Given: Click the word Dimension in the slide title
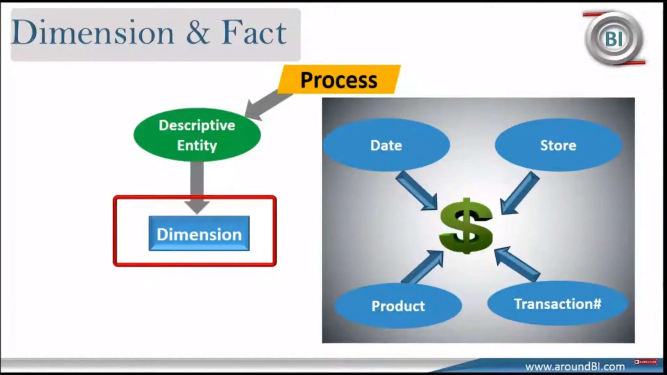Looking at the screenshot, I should pyautogui.click(x=93, y=33).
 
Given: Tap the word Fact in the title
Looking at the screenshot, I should pyautogui.click(x=254, y=33).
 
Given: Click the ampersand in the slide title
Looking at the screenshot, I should pyautogui.click(x=198, y=33).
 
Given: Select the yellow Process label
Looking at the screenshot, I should pyautogui.click(x=339, y=80).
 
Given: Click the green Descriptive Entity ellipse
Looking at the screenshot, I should pyautogui.click(x=197, y=135).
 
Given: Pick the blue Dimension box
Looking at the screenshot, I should pyautogui.click(x=199, y=233).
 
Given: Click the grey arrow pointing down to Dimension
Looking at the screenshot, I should pyautogui.click(x=197, y=186).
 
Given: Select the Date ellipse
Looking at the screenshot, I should pyautogui.click(x=386, y=145).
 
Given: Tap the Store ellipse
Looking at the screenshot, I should pyautogui.click(x=558, y=145).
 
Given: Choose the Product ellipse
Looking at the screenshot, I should pyautogui.click(x=398, y=306).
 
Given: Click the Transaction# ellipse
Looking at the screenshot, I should pyautogui.click(x=558, y=304).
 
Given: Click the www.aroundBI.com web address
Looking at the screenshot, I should pyautogui.click(x=575, y=367).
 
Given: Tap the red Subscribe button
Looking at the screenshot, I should pyautogui.click(x=646, y=362).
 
